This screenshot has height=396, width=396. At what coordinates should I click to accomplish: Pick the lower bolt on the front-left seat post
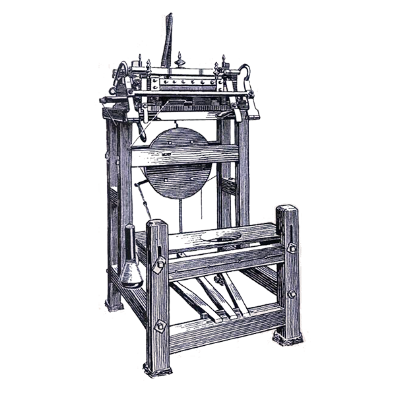159,325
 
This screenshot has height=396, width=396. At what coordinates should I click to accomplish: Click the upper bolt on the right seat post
290,248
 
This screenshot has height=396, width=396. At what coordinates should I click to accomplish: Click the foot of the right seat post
289,335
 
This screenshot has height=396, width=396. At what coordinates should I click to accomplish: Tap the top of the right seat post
287,211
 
